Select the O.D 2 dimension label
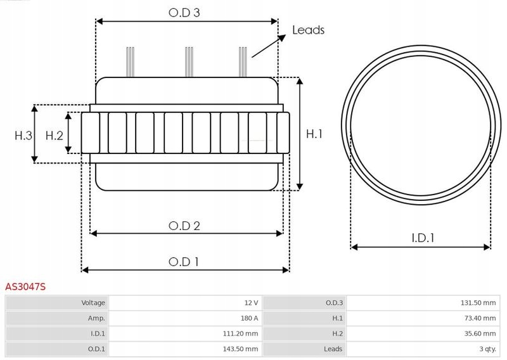[184, 225]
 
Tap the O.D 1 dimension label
[184, 261]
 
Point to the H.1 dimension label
[314, 134]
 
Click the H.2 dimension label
[55, 134]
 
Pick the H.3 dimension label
[23, 134]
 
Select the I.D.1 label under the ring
[422, 238]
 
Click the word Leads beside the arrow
[308, 30]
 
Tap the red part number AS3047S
[25, 287]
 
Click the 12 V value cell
[250, 303]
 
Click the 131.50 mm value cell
[478, 303]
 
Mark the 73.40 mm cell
[480, 318]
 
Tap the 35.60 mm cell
[480, 333]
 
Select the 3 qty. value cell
[486, 349]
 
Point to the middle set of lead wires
[188, 61]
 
